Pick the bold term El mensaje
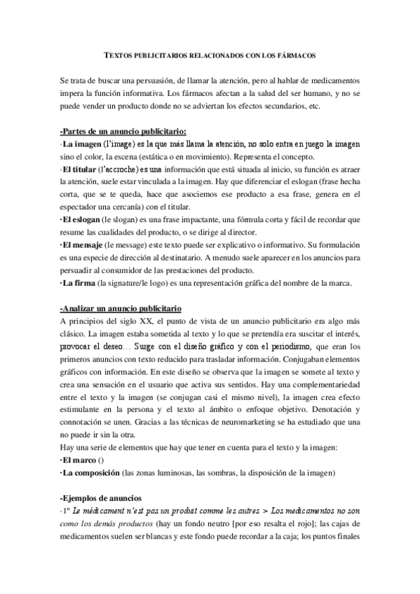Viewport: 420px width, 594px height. point(83,244)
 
